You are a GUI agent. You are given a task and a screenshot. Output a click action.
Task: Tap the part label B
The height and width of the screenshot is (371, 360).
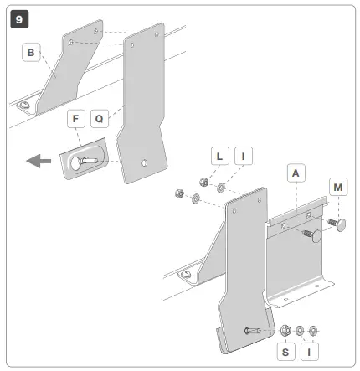coord(32,54)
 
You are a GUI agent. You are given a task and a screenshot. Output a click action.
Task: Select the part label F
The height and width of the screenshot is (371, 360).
coord(76,121)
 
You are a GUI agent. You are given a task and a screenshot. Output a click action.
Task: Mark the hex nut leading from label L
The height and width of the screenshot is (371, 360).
coord(202,183)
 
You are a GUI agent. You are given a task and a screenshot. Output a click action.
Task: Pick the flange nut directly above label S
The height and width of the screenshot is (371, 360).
coord(285,330)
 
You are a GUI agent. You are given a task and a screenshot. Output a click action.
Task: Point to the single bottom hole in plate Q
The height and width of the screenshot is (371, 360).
coord(145,161)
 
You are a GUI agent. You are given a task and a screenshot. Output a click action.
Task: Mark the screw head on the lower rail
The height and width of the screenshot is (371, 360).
coord(185,274)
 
